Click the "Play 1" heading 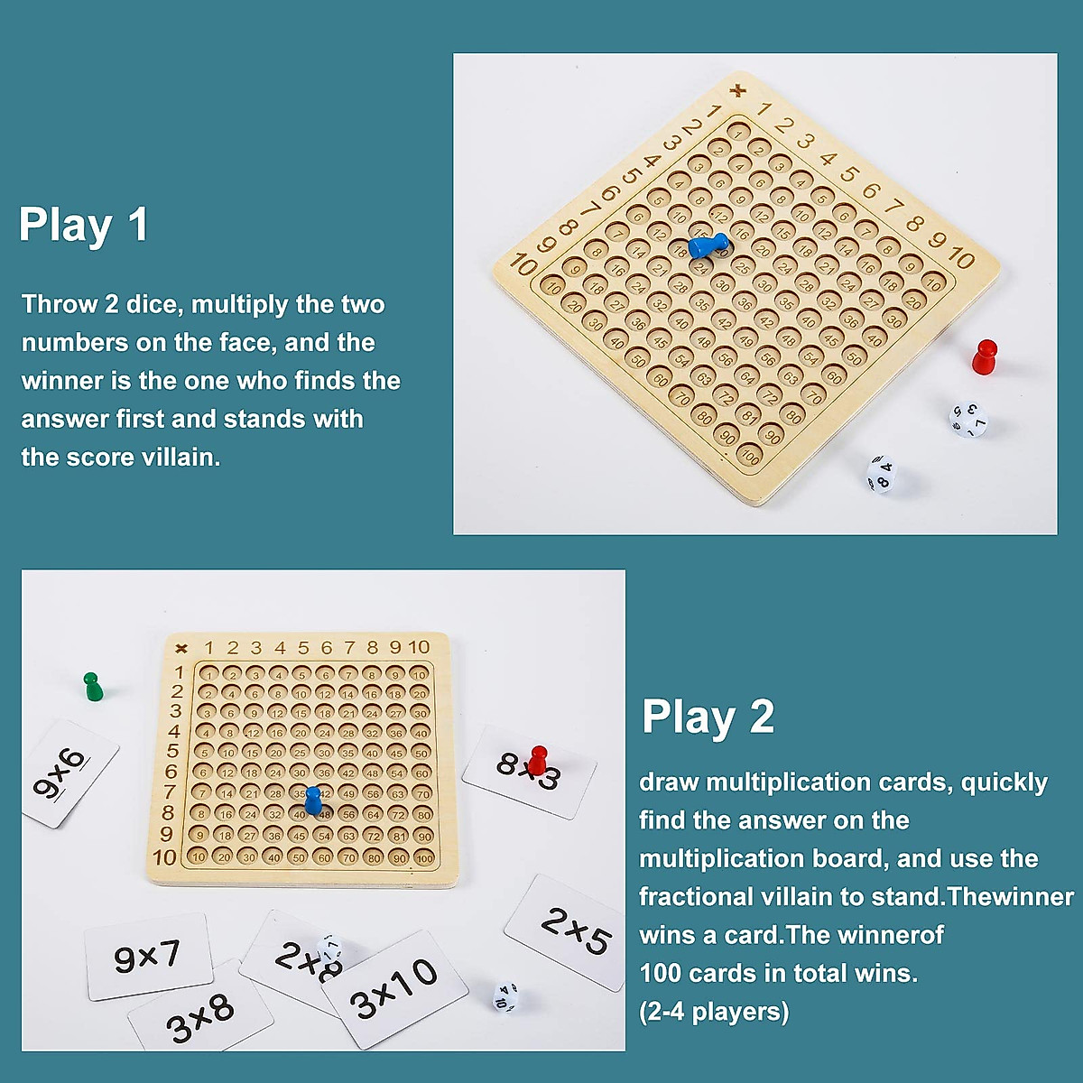tap(83, 225)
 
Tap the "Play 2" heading tap(708, 717)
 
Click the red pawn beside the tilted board tap(984, 357)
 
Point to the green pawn tap(92, 687)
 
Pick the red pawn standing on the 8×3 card tap(538, 760)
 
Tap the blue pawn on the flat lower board tap(312, 800)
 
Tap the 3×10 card tap(393, 989)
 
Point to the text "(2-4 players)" tap(714, 1012)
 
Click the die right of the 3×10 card tap(504, 996)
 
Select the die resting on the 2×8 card tap(331, 948)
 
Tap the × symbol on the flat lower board tap(180, 647)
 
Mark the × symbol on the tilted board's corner tap(739, 89)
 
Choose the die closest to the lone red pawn tap(968, 419)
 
